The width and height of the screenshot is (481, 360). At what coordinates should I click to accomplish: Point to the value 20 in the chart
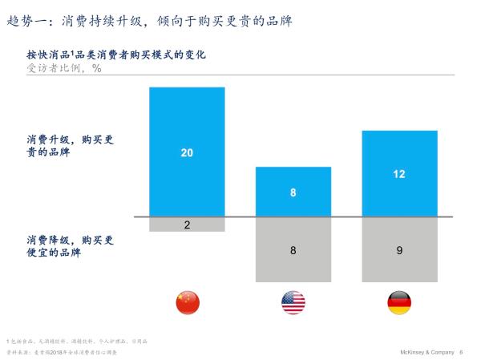(x=187, y=152)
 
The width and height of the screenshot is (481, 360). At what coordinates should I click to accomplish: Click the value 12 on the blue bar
(x=399, y=173)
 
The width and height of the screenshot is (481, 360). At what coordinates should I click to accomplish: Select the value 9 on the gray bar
(x=399, y=250)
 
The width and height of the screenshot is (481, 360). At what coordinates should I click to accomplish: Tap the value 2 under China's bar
(x=187, y=224)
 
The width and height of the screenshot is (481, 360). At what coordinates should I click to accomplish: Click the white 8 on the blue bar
(x=293, y=192)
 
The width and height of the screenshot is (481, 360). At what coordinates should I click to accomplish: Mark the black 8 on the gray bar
(x=293, y=250)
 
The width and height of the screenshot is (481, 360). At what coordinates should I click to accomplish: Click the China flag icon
(x=188, y=302)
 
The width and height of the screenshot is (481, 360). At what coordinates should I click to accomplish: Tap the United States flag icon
(x=293, y=302)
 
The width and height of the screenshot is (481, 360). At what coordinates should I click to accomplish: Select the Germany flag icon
(x=399, y=302)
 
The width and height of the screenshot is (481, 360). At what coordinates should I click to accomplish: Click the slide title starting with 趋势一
(x=148, y=20)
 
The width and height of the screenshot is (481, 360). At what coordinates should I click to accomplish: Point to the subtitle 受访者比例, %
(x=64, y=69)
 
